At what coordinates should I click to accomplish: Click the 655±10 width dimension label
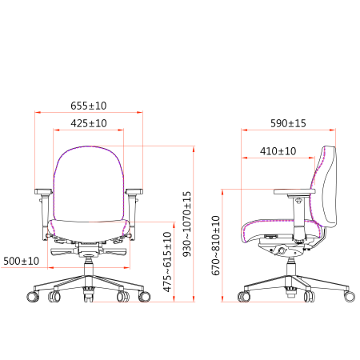point(89,106)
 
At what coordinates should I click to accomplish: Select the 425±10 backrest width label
point(89,123)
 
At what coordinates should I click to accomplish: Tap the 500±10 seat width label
point(22,261)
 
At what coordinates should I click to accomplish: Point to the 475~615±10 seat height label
point(167,262)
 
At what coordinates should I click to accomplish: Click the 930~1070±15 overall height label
point(187,224)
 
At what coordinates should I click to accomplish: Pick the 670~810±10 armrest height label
point(216,246)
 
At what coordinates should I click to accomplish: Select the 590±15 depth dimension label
point(288,123)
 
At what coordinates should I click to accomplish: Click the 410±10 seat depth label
point(278,151)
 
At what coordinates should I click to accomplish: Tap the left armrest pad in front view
point(43,191)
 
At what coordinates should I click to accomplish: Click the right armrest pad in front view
point(134,191)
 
